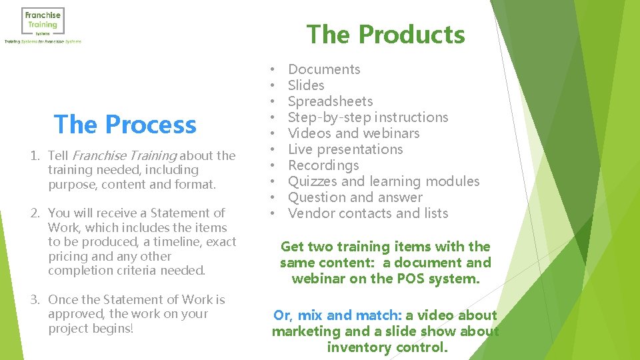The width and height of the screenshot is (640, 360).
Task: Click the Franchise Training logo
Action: (x=43, y=25)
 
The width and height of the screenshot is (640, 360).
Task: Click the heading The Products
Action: (x=385, y=35)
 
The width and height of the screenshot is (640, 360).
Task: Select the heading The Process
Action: (x=125, y=124)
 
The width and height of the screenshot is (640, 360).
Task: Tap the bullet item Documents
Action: (x=324, y=69)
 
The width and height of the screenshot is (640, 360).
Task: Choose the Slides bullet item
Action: (x=306, y=85)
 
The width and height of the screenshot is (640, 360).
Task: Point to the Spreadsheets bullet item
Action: (x=330, y=101)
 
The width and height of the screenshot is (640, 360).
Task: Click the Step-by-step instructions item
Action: (x=368, y=117)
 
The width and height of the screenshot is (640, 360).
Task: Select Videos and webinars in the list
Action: (x=353, y=133)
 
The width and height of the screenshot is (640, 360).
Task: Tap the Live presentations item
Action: (x=345, y=149)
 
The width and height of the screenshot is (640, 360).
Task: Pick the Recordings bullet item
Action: (x=323, y=165)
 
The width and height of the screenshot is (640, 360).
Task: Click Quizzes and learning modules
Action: (x=383, y=181)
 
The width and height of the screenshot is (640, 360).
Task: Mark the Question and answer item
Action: (x=355, y=197)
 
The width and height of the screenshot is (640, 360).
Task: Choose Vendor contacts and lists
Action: (x=368, y=213)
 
